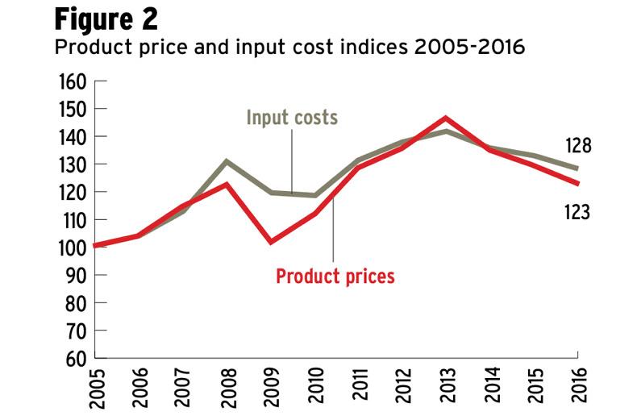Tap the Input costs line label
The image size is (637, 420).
[x=292, y=119]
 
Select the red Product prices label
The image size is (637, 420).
[x=335, y=277]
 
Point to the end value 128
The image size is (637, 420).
[x=578, y=147]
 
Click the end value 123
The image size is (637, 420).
[x=578, y=213]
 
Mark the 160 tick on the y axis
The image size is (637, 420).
[x=72, y=81]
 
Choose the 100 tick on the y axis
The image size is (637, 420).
[x=72, y=247]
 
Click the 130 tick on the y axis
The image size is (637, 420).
[x=72, y=164]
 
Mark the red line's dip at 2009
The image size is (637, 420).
[x=271, y=242]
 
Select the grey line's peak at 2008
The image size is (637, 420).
[x=227, y=160]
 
